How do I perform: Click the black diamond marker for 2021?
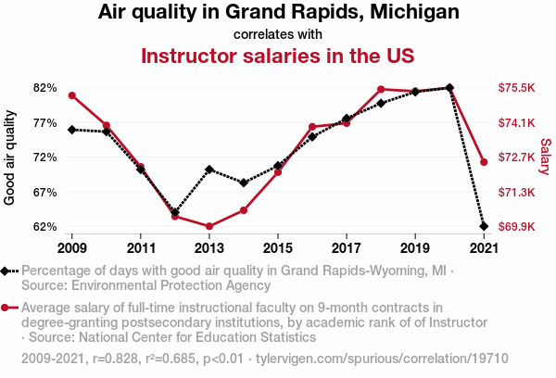click(x=484, y=226)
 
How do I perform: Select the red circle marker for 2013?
click(x=209, y=226)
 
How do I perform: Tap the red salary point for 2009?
click(x=72, y=95)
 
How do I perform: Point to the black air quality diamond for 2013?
click(x=209, y=170)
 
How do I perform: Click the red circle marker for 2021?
click(x=484, y=162)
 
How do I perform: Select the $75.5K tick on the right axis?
click(x=517, y=88)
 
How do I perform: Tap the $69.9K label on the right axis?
click(x=517, y=227)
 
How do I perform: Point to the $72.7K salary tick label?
click(x=517, y=157)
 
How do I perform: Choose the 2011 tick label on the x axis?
click(x=141, y=248)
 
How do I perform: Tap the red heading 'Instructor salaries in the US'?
click(x=277, y=56)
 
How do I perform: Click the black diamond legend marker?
click(x=8, y=271)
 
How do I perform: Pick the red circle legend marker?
click(x=8, y=308)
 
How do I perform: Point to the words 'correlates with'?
click(x=277, y=34)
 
